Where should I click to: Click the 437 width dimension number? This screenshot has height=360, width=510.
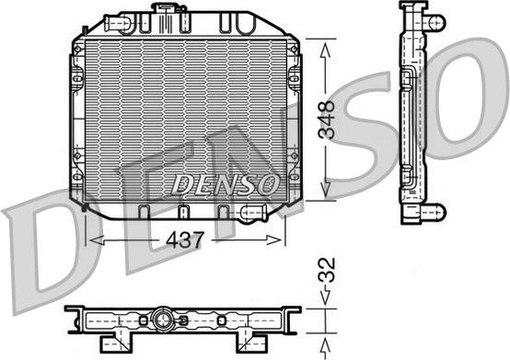tap(185, 240)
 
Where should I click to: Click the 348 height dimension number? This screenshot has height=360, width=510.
tap(327, 121)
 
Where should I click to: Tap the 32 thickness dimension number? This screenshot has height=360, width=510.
tap(327, 270)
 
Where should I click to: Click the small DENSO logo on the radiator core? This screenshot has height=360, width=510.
tap(225, 184)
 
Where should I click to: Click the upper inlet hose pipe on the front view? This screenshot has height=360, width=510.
tap(118, 24)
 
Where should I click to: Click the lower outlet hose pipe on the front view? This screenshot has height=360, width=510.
tap(253, 213)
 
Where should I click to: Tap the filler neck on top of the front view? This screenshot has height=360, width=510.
tap(168, 7)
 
